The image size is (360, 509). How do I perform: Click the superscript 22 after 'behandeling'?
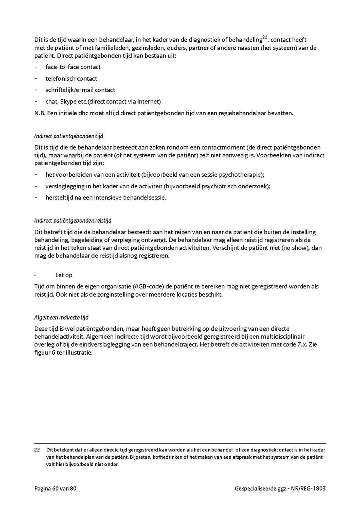pyautogui.click(x=265, y=38)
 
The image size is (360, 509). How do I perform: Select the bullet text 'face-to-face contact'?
pyautogui.click(x=73, y=67)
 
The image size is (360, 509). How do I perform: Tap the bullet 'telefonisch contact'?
pyautogui.click(x=71, y=78)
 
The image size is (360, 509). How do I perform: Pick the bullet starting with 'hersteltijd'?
pyautogui.click(x=106, y=198)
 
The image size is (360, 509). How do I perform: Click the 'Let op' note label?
pyautogui.click(x=64, y=275)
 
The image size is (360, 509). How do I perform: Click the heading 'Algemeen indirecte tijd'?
pyautogui.click(x=61, y=317)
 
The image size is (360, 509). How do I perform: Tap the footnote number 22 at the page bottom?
pyautogui.click(x=37, y=450)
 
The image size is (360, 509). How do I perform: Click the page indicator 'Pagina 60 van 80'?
pyautogui.click(x=55, y=489)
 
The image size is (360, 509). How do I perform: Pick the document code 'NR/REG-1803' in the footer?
pyautogui.click(x=309, y=489)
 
